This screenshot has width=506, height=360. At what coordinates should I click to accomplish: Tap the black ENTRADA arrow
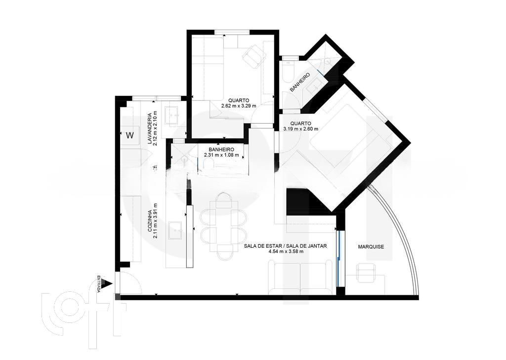[x=107, y=284]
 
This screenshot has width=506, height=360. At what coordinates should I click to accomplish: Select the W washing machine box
[x=130, y=135]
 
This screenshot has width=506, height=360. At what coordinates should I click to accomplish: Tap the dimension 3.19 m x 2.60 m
[x=300, y=129]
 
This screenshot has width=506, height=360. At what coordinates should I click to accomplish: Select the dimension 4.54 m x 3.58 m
[x=286, y=251]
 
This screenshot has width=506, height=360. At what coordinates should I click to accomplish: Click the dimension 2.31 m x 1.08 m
[x=221, y=155]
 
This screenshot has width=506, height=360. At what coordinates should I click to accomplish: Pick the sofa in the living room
[x=297, y=278]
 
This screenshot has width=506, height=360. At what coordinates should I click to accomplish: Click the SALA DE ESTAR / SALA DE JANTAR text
[x=285, y=245]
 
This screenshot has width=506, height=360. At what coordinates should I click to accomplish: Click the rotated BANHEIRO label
[x=299, y=82]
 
